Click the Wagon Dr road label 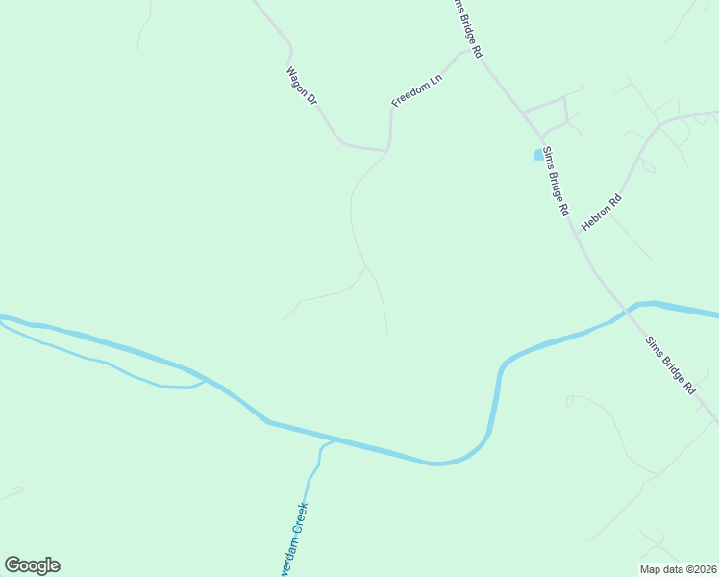tap(302, 85)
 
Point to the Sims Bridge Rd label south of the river tap(670, 364)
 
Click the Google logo tap(32, 565)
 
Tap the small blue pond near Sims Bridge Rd tap(537, 154)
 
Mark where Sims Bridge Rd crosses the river tap(627, 309)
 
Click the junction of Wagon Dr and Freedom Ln tap(387, 150)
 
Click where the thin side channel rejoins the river tap(205, 379)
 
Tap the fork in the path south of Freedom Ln tap(366, 266)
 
